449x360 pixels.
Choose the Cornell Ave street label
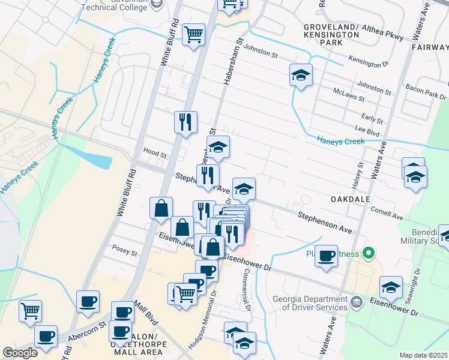click(387, 213)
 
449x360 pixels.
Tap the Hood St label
click(154, 154)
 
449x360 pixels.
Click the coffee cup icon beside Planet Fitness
click(327, 256)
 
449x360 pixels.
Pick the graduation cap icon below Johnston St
click(301, 75)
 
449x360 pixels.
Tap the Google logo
click(20, 353)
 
